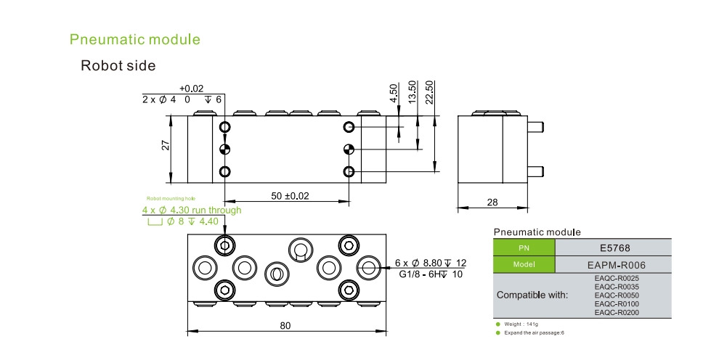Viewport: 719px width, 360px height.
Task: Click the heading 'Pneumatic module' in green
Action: pyautogui.click(x=134, y=39)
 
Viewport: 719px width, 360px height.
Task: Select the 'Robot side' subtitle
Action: pyautogui.click(x=118, y=66)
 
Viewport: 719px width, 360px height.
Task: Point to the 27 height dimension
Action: pyautogui.click(x=165, y=144)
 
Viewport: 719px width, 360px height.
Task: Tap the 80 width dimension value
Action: pyautogui.click(x=285, y=326)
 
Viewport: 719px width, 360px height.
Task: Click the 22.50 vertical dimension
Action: pyautogui.click(x=429, y=93)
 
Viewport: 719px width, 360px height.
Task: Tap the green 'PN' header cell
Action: pyautogui.click(x=524, y=247)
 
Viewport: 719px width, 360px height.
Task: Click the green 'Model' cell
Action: pyautogui.click(x=524, y=264)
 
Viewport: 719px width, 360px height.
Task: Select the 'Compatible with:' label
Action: pyautogui.click(x=533, y=295)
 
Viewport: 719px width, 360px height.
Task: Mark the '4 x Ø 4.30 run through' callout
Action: pyautogui.click(x=192, y=210)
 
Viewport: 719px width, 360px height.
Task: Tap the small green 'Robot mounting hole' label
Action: pyautogui.click(x=171, y=198)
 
